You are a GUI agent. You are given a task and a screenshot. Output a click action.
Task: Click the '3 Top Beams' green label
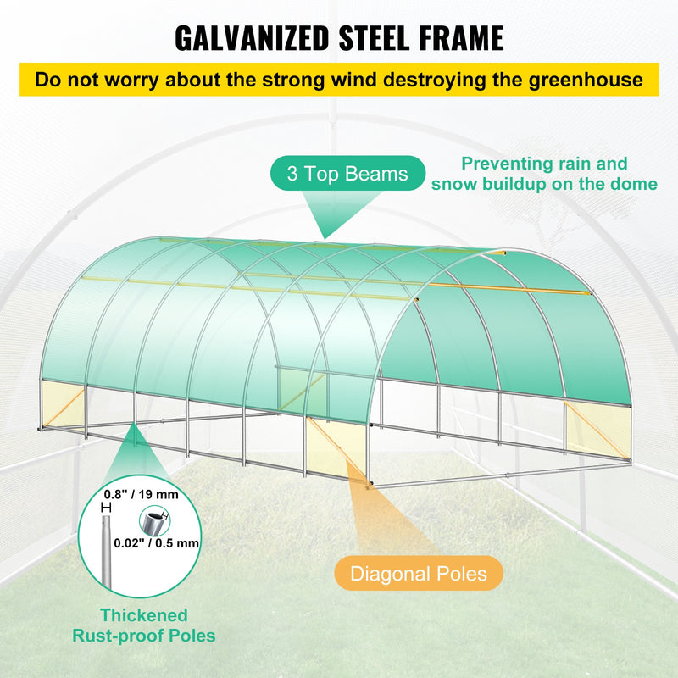[347, 175]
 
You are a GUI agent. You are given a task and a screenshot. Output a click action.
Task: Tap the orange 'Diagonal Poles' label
[419, 574]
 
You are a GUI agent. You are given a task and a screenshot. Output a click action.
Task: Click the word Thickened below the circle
[144, 615]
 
